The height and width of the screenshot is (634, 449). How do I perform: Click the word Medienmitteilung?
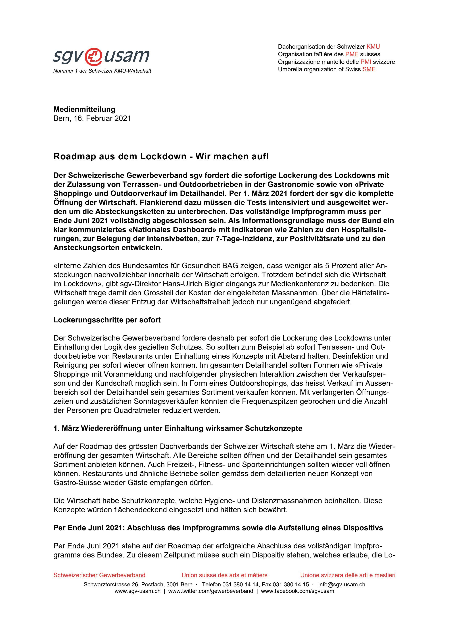pyautogui.click(x=84, y=109)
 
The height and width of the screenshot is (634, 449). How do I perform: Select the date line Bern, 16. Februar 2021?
pyautogui.click(x=92, y=119)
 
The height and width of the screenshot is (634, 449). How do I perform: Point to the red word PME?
pyautogui.click(x=352, y=54)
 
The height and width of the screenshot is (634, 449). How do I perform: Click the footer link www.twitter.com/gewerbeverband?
pyautogui.click(x=210, y=591)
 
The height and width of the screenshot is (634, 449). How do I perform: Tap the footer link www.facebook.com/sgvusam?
pyautogui.click(x=297, y=591)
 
